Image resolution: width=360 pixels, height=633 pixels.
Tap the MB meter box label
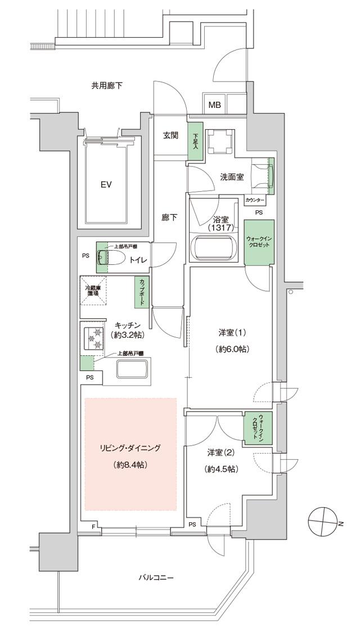click(215, 105)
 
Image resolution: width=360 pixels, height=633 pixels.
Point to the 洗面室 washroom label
click(231, 177)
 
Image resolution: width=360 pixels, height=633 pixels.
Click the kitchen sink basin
click(132, 369)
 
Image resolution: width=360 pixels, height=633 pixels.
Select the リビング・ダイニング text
click(130, 448)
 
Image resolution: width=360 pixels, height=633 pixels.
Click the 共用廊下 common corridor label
click(107, 86)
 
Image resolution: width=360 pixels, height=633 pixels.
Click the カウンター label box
click(254, 200)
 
